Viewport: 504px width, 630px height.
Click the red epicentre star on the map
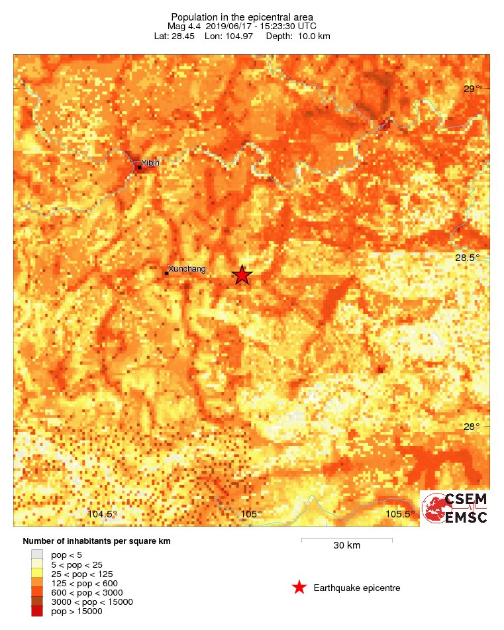click(242, 275)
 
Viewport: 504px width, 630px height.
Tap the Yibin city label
click(150, 163)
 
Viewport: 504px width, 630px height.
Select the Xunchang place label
click(187, 269)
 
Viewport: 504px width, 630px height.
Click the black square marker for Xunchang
click(166, 273)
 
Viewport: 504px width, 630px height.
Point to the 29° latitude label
click(472, 89)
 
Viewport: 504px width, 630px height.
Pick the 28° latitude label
click(472, 427)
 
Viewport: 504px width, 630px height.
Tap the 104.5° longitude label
click(102, 514)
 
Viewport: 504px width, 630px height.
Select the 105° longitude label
click(251, 514)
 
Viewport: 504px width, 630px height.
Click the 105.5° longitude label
click(401, 514)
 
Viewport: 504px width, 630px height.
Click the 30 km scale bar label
click(346, 546)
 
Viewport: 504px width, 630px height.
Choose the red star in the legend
click(299, 588)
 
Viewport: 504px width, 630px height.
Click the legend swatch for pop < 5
click(37, 554)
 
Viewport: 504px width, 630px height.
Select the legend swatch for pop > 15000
click(37, 611)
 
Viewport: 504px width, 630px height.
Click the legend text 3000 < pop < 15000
click(92, 602)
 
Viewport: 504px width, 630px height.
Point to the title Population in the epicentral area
click(242, 17)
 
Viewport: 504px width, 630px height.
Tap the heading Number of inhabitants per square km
click(97, 541)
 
